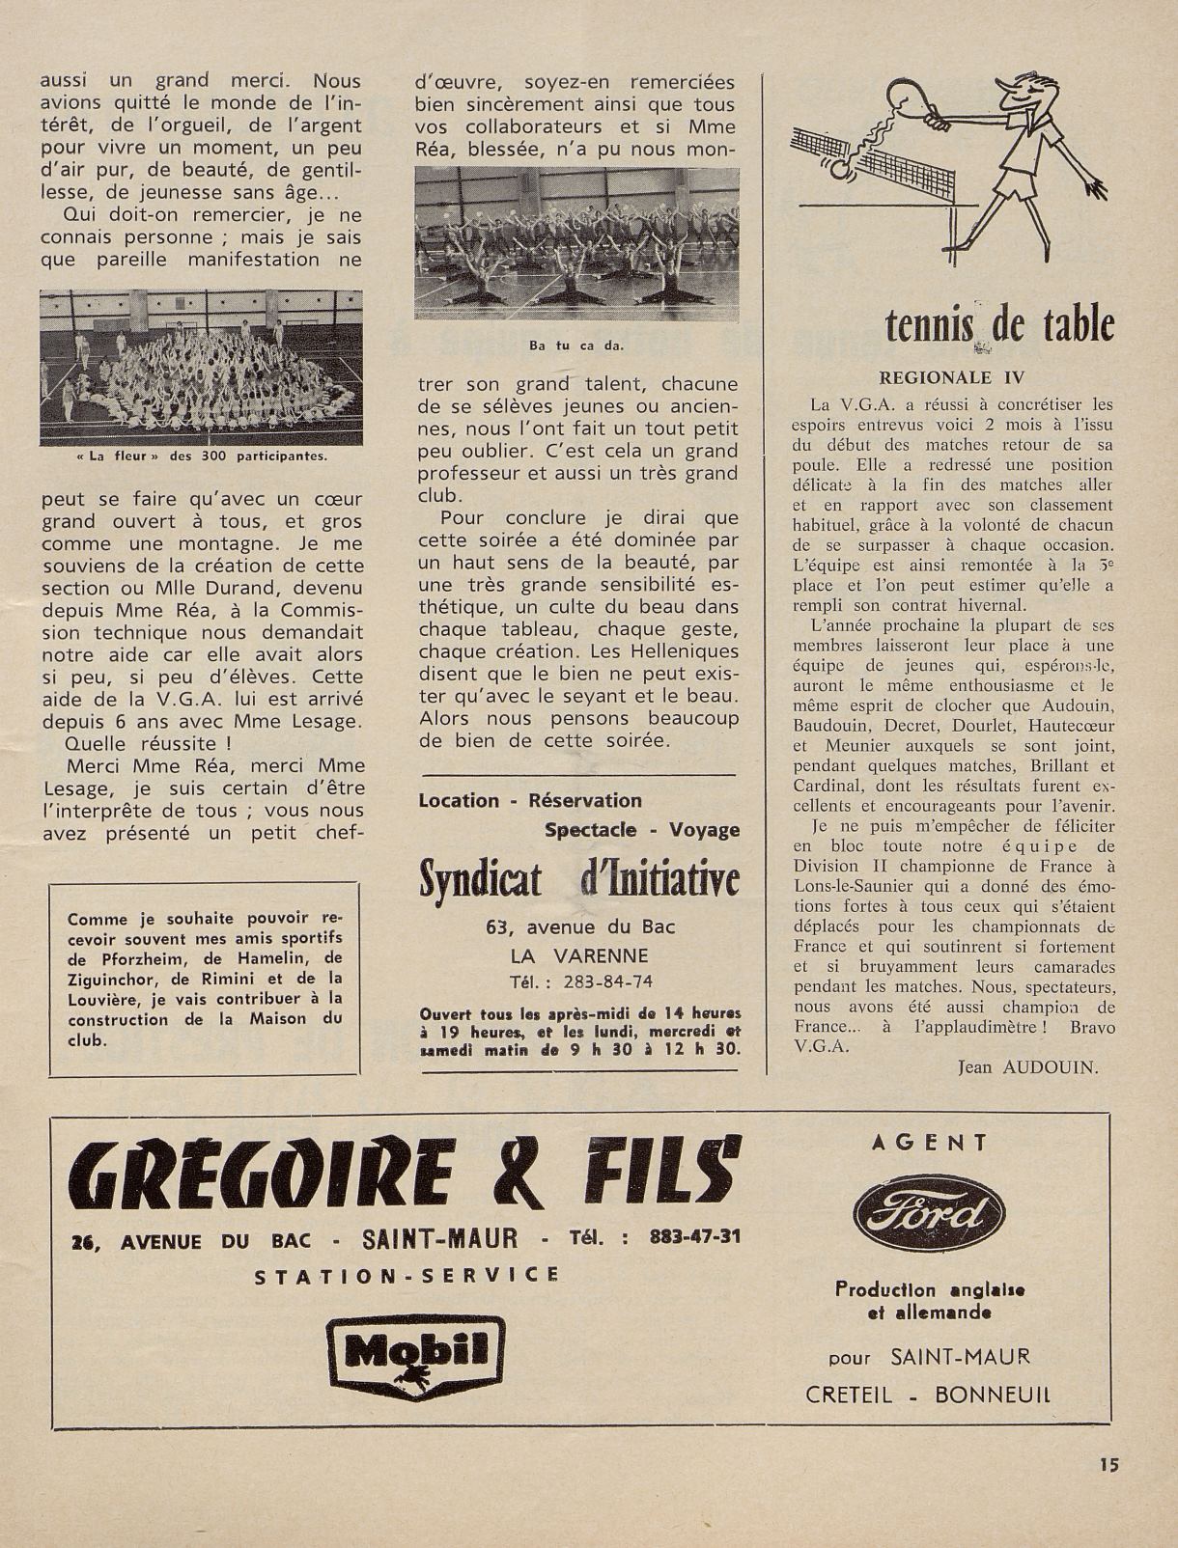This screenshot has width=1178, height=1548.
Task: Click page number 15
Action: point(1108,1464)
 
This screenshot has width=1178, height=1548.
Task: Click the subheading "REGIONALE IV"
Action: point(951,378)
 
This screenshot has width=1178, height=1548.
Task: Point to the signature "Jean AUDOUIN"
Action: point(1028,1066)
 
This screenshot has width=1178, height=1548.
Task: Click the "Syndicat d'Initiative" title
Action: point(579,879)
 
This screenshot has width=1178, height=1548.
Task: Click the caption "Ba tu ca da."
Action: point(576,345)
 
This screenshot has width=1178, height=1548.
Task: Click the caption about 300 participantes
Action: point(201,456)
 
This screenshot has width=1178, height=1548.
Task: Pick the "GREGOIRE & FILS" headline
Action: point(406,1176)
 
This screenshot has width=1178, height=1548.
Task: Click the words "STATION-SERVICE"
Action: point(407,1275)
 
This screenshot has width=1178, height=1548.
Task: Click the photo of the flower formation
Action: point(201,367)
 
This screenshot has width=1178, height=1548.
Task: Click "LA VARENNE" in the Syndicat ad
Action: point(579,955)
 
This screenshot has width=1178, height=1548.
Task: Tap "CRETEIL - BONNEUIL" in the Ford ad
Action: point(929,1395)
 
